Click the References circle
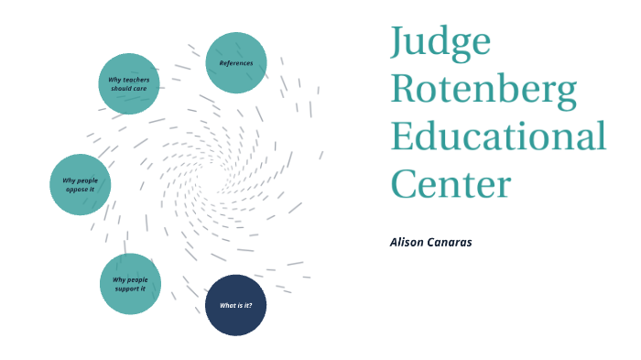pos(236,63)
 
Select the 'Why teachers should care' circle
pos(129,83)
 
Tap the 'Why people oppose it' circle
pos(81,184)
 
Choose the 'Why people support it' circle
pos(130,284)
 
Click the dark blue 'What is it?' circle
pos(236,305)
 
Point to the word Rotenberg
pos(484,90)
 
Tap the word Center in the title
pos(451,184)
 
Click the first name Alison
pos(406,242)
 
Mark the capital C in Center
pos(405,184)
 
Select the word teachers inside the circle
pos(135,80)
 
